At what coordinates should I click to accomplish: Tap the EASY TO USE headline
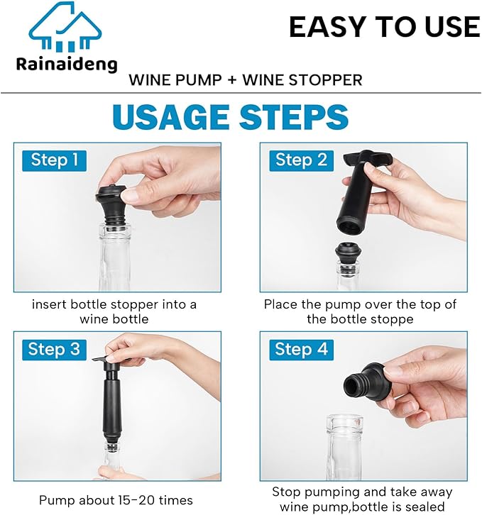384,27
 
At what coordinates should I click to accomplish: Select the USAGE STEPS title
230,117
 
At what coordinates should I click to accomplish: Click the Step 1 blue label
54,160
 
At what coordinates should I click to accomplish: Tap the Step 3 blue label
54,349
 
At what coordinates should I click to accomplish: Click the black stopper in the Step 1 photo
113,203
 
